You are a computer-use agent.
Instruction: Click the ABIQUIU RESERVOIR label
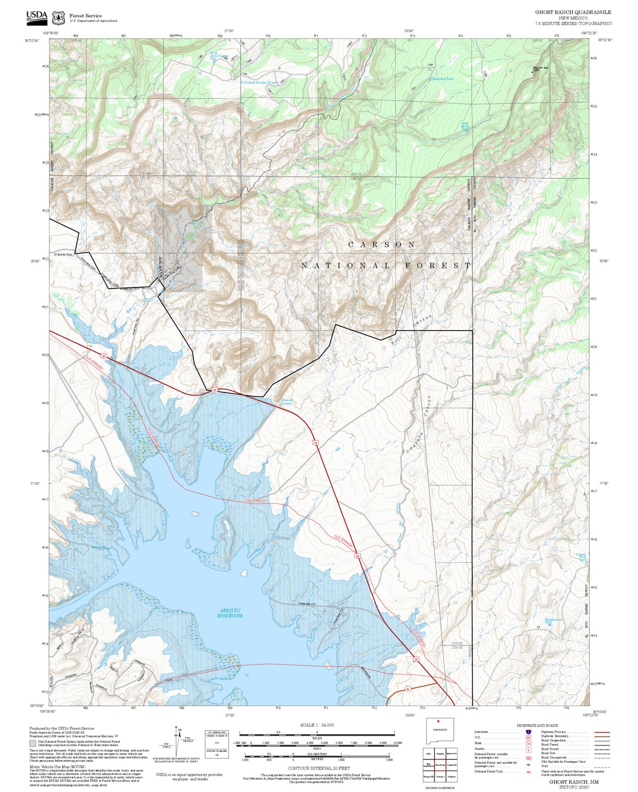click(230, 613)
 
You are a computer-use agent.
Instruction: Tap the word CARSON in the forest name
click(382, 244)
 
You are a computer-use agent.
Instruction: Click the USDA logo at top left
click(37, 16)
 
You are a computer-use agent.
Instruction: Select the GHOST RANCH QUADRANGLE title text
click(573, 12)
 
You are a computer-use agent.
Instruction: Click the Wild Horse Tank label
click(465, 126)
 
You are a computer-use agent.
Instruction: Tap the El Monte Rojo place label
click(63, 255)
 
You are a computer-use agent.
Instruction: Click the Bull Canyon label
click(411, 329)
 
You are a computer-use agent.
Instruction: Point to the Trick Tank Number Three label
click(258, 83)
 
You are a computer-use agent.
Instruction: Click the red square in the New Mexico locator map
click(438, 734)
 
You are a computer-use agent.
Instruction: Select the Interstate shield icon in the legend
click(528, 732)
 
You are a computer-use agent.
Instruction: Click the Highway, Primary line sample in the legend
click(602, 732)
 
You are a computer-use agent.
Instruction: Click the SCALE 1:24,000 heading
click(317, 725)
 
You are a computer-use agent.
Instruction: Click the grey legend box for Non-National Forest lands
click(33, 743)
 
